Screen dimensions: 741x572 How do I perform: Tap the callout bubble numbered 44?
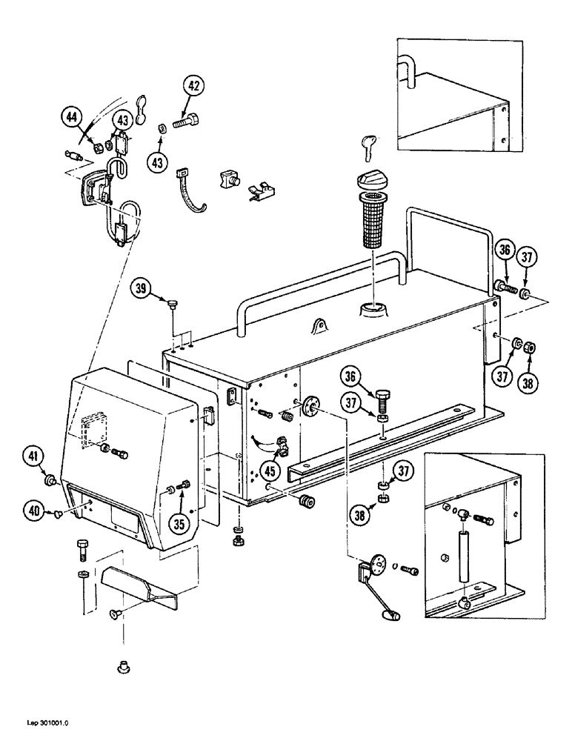click(72, 117)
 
